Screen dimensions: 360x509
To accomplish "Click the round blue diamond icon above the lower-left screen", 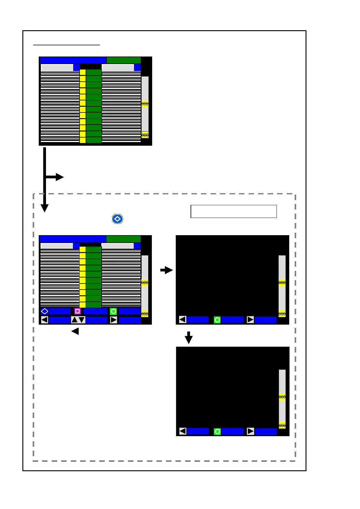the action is pos(117,219).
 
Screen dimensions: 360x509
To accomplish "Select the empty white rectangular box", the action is pos(234,211).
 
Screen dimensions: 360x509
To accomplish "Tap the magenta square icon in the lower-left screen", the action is pos(77,311).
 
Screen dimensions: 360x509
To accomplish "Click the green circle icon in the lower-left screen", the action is pos(113,311).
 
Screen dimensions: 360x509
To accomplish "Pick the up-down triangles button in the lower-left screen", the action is pos(78,320).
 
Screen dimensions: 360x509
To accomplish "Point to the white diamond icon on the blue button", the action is pos(44,311).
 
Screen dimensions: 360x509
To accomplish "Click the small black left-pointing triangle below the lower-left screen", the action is pos(75,331).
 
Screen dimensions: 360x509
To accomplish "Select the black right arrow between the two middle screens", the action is pos(167,270).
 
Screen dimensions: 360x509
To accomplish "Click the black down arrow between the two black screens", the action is pos(189,338).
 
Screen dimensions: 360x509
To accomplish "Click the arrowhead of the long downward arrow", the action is pos(44,208).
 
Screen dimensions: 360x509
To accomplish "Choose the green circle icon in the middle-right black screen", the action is pos(217,320).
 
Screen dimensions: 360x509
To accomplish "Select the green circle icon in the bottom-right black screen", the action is pos(217,432).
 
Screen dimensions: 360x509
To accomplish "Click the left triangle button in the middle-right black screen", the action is pos(182,319).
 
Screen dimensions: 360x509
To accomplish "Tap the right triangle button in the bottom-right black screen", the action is pos(250,431).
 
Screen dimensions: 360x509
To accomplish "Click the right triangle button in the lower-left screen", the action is pos(113,320).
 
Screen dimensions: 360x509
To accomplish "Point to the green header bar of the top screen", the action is pos(123,60).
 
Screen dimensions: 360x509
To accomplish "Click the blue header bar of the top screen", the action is pos(73,60).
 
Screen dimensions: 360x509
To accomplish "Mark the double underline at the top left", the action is pos(67,45).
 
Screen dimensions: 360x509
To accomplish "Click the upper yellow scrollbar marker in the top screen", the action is pos(145,104).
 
